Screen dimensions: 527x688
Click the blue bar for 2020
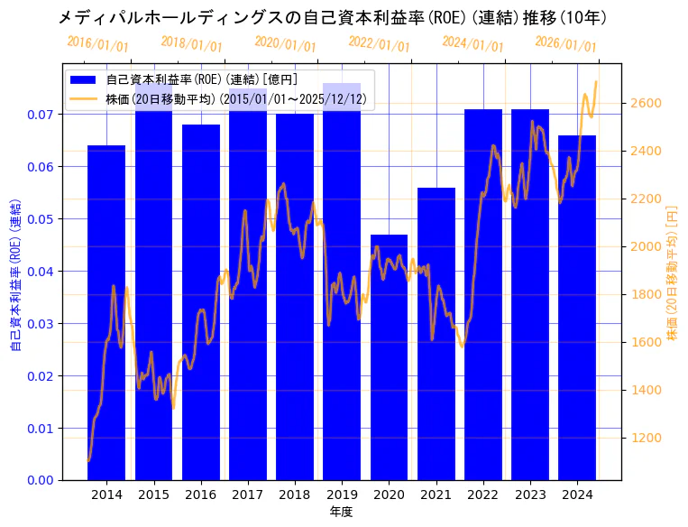coord(389,356)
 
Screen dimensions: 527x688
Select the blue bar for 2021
coord(436,334)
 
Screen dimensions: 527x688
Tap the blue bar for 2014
coord(106,312)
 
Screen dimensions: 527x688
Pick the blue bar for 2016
coord(200,302)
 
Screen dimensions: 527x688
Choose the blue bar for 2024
coord(577,308)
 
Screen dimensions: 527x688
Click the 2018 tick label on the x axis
coord(294,495)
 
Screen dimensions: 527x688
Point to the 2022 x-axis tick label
coord(482,495)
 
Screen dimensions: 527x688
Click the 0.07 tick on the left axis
coord(39,115)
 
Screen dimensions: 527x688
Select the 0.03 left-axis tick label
coord(39,323)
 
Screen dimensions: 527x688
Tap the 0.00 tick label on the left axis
coord(39,480)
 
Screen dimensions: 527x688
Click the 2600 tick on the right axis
coord(646,103)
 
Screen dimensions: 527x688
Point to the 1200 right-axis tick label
coord(646,438)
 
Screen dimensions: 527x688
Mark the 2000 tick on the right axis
coord(646,246)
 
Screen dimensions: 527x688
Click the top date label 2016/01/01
coord(98,44)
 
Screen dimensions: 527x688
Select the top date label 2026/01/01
coord(565,44)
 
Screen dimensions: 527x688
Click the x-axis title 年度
coord(341,512)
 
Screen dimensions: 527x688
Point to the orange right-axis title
coord(672,271)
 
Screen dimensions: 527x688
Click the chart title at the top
coord(332,17)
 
